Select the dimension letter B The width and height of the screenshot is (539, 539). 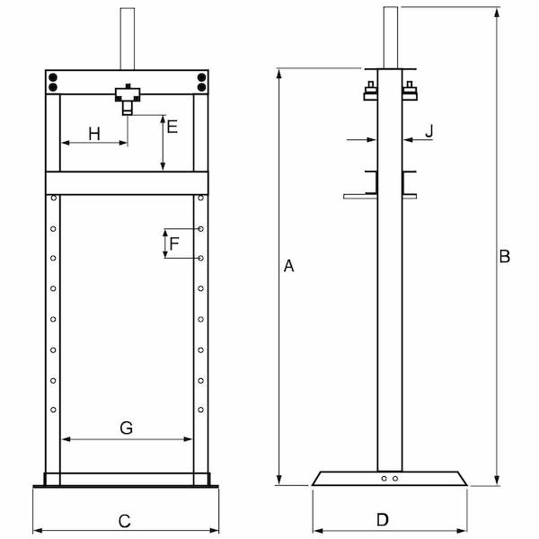coord(505,257)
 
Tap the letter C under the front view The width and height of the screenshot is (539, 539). coord(125,520)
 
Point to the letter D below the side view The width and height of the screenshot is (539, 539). coord(382,519)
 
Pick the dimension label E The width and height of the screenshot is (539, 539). coord(172,127)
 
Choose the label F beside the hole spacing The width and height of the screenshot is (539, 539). coord(174,243)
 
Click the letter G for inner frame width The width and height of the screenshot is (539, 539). coord(126,429)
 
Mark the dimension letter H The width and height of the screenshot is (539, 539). coord(94,134)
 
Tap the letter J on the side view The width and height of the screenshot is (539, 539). coord(429,131)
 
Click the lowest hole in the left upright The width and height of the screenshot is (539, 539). coord(54,411)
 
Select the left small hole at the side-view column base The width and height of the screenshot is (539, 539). coord(384,479)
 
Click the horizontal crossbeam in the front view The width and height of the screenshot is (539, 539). coord(127,182)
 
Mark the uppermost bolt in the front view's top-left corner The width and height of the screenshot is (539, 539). coord(53,77)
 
